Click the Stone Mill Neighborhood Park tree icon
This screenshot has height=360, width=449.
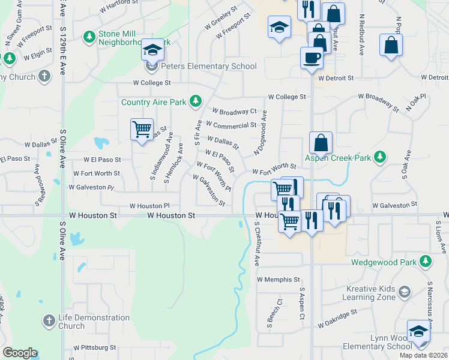pos(89,37)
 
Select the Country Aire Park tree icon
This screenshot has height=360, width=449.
pos(195,101)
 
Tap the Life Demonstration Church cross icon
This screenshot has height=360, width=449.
pos(50,320)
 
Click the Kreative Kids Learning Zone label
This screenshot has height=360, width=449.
pos(370,293)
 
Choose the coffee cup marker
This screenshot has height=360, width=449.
pos(312,58)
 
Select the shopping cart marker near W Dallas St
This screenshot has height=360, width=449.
pos(142,128)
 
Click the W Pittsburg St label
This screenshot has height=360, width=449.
pos(95,347)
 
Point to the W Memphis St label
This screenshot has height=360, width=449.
pos(278,280)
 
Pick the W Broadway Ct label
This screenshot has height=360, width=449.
pos(234,111)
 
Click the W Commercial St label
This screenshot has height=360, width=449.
pos(231,125)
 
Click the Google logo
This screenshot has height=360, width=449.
pos(20,353)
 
